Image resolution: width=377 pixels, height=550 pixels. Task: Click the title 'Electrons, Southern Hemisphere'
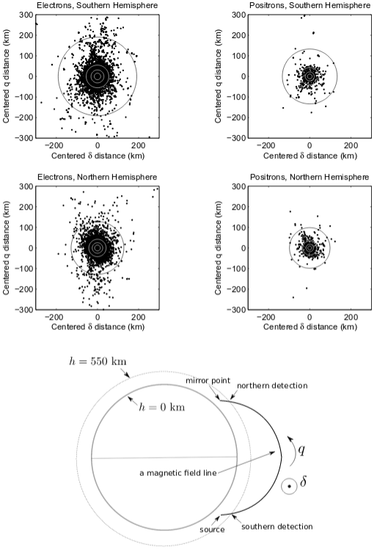click(97, 5)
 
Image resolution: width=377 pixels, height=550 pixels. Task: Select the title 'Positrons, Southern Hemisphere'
click(310, 5)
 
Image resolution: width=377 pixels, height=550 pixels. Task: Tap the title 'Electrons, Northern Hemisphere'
click(97, 177)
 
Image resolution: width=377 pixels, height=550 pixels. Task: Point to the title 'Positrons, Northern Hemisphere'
click(310, 177)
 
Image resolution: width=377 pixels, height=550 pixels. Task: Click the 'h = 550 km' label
click(98, 362)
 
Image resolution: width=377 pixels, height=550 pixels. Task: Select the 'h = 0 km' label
click(161, 407)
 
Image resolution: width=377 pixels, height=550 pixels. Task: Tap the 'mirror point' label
click(208, 381)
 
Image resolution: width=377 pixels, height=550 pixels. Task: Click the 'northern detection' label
click(272, 386)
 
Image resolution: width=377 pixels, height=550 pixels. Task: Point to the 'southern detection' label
click(277, 527)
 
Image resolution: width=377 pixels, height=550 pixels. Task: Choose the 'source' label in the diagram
click(212, 529)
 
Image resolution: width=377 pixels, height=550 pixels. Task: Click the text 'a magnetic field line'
click(178, 473)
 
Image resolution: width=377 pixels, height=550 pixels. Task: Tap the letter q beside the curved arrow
click(301, 450)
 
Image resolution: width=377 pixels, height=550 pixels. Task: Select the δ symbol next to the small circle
click(304, 481)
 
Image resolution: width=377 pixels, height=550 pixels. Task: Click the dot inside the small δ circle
click(289, 486)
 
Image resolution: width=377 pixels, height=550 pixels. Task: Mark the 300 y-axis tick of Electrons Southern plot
click(26, 15)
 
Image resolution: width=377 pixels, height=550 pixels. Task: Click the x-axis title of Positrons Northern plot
click(310, 327)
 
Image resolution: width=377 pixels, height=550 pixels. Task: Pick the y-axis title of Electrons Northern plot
click(6, 248)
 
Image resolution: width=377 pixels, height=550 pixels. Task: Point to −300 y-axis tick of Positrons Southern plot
click(236, 138)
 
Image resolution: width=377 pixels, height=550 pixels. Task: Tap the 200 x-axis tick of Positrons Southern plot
click(351, 146)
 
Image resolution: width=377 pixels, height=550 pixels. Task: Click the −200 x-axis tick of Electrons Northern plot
click(54, 318)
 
